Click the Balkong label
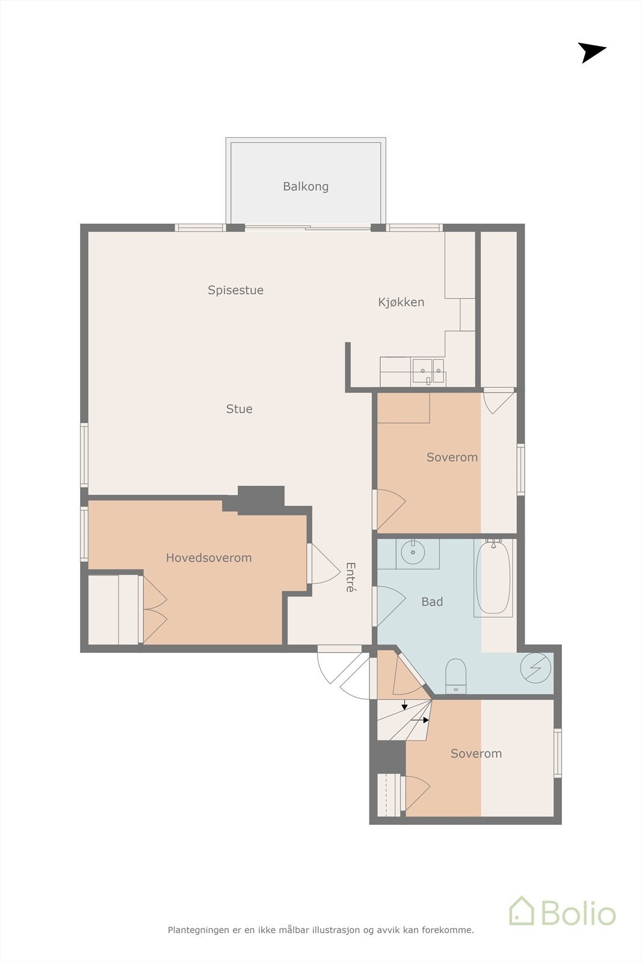(x=306, y=186)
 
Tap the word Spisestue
(x=235, y=290)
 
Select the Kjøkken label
(x=401, y=302)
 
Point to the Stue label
(x=239, y=409)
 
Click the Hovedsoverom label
(x=209, y=558)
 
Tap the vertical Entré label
(x=351, y=577)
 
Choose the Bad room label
(x=432, y=602)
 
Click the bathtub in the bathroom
(x=493, y=578)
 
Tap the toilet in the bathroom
(x=455, y=676)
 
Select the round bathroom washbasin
(x=413, y=552)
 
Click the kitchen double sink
(x=428, y=371)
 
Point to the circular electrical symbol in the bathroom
(x=536, y=668)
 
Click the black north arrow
(x=591, y=52)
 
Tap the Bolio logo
(x=563, y=911)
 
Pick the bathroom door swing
(x=390, y=606)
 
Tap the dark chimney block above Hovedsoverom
(x=261, y=500)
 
